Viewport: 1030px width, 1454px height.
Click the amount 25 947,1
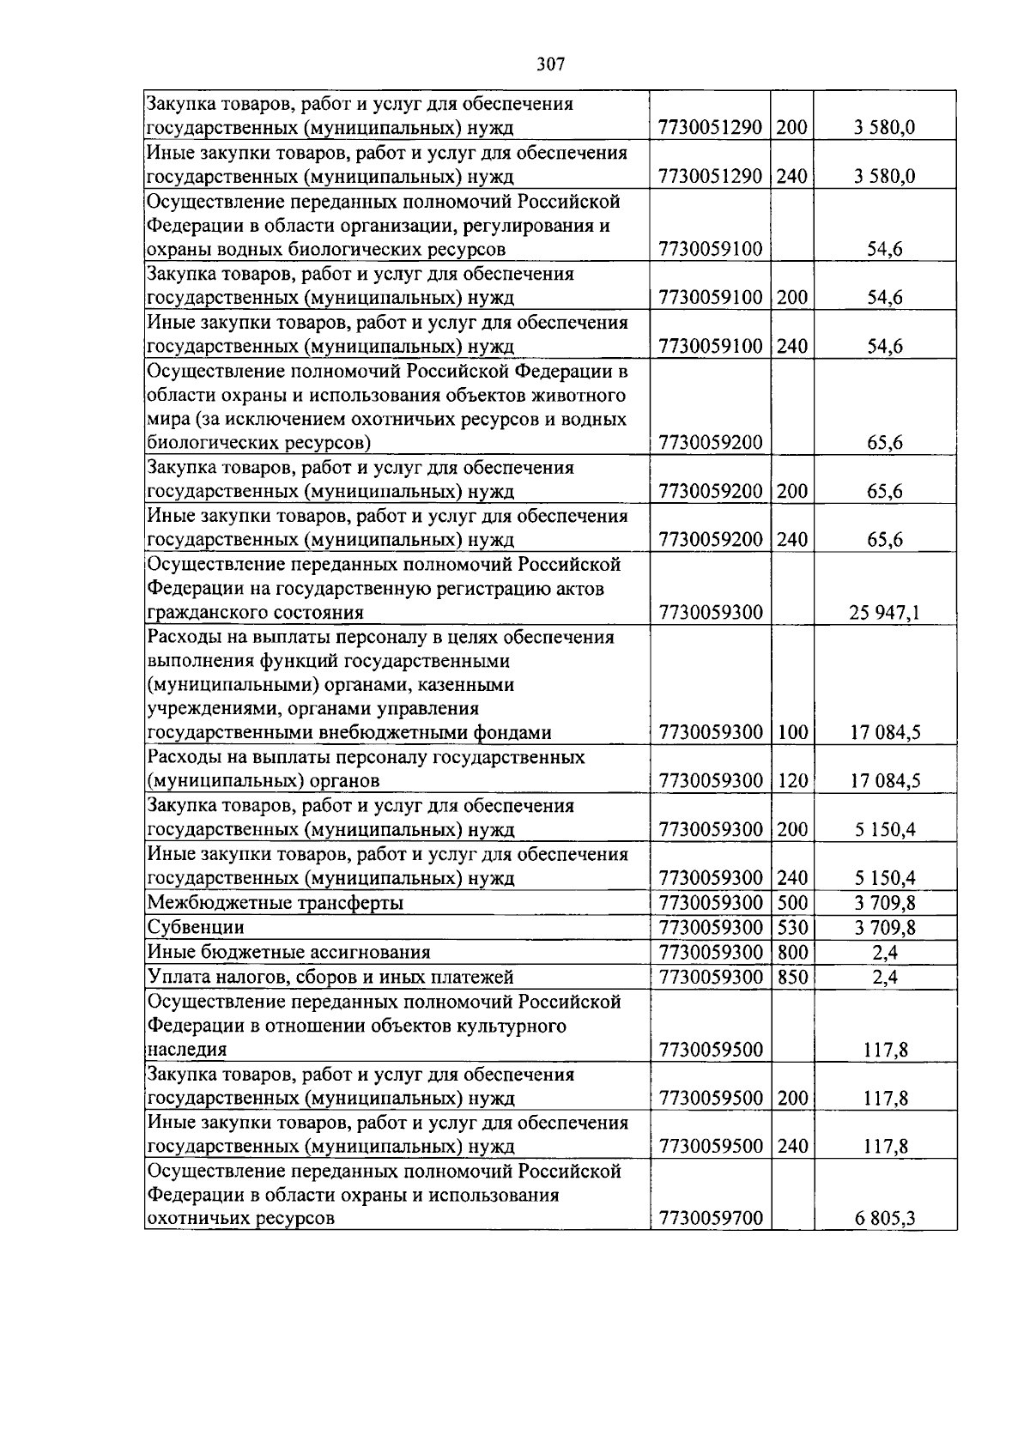click(884, 613)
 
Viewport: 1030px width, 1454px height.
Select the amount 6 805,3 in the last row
click(884, 1219)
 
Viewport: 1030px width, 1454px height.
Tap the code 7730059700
click(710, 1219)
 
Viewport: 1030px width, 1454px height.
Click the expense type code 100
click(792, 733)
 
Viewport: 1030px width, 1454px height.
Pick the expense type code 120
click(792, 781)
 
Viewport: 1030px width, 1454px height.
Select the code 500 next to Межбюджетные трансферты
click(792, 903)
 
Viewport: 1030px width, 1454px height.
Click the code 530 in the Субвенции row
click(792, 928)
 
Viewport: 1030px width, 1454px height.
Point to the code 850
click(792, 977)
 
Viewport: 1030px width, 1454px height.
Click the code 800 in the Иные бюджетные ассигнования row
click(792, 952)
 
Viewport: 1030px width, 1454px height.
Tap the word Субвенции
click(196, 928)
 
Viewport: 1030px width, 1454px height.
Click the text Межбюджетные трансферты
click(276, 903)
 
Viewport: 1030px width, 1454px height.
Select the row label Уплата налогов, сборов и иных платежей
click(330, 977)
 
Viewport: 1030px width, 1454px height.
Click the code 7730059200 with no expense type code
click(710, 444)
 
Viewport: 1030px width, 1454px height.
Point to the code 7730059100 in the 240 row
click(710, 347)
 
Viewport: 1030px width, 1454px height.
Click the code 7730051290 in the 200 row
click(710, 129)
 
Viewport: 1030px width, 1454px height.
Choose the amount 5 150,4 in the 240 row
click(884, 878)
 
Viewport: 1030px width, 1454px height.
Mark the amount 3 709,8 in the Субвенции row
click(884, 928)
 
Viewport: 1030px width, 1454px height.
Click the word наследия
click(187, 1050)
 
